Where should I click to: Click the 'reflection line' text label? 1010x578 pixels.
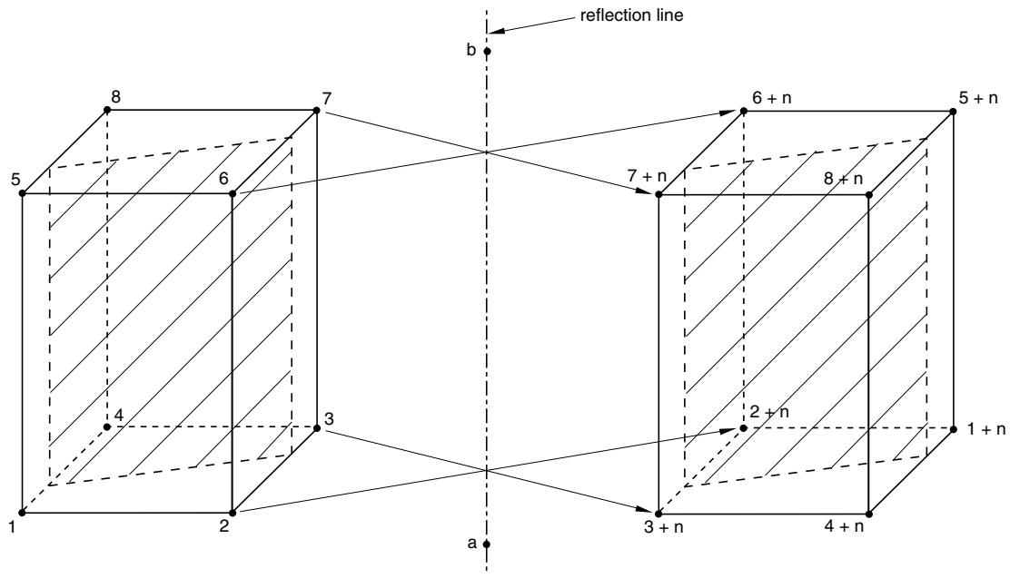tap(631, 15)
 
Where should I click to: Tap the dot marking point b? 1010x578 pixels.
tap(487, 52)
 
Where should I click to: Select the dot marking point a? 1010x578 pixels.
tap(486, 544)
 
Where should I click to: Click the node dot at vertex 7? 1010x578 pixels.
tap(316, 111)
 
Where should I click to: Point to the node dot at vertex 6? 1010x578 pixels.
tap(233, 193)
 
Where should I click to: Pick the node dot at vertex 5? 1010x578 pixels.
tap(22, 193)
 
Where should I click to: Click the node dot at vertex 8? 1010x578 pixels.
tap(106, 111)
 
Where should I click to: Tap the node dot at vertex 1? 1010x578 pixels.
tap(22, 513)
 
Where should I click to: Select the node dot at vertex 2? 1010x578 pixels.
tap(233, 513)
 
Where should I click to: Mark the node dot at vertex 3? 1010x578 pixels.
tap(316, 427)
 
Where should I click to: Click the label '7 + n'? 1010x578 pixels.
tap(646, 176)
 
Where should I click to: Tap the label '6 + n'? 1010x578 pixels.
tap(772, 98)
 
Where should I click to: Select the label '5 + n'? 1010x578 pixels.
tap(978, 98)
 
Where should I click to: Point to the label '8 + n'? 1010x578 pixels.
tap(843, 179)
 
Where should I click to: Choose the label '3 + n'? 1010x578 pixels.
tap(664, 528)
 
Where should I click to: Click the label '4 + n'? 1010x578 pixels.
tap(844, 526)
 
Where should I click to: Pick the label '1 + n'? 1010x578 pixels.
tap(986, 429)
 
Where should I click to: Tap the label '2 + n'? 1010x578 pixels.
tap(769, 412)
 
